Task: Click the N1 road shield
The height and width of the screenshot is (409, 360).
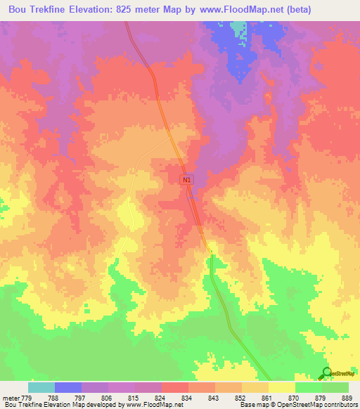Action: [x=186, y=180]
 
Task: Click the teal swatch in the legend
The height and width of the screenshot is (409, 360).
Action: [x=41, y=387]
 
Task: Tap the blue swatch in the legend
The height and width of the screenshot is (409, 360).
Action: [x=68, y=387]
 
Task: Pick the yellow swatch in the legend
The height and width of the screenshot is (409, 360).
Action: [x=281, y=387]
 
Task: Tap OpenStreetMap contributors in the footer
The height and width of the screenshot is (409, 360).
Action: [x=318, y=405]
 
